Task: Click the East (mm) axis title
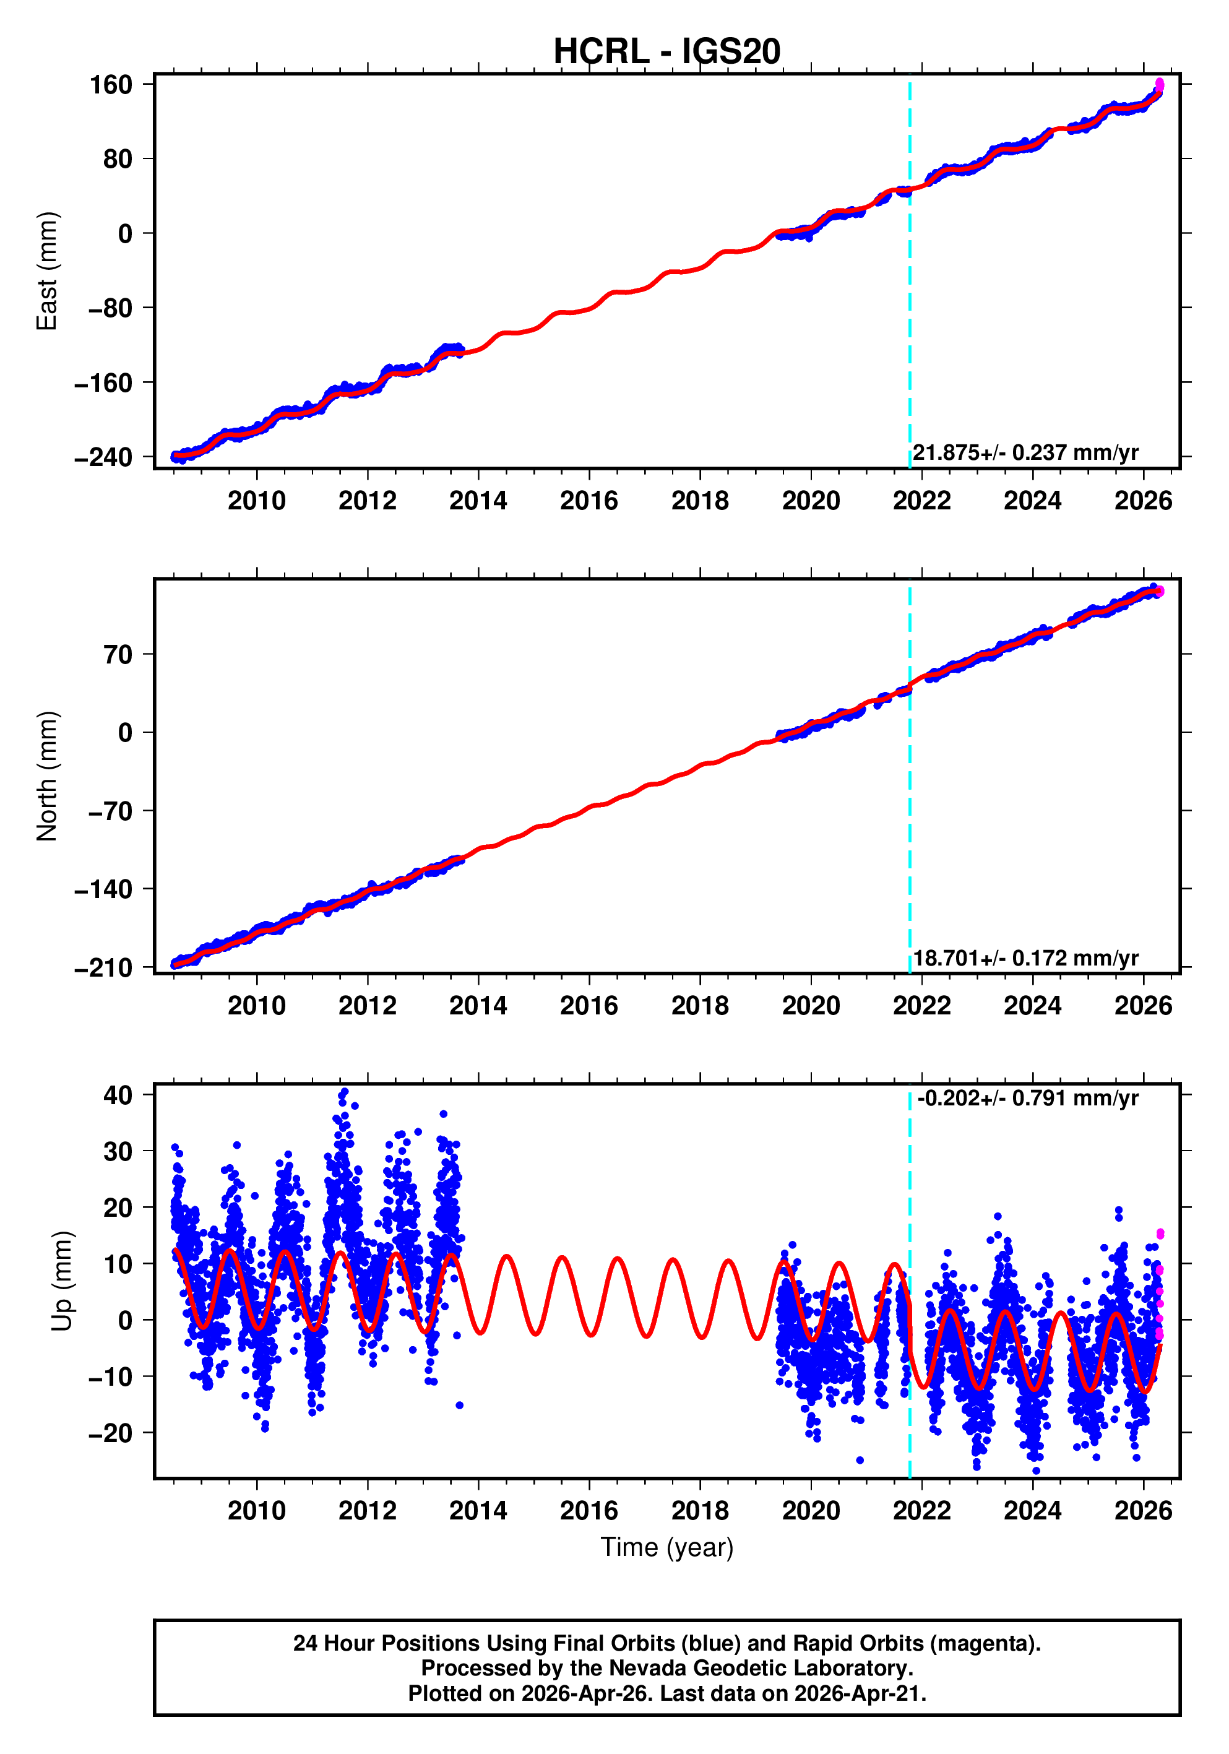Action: [48, 271]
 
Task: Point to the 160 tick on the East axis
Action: [111, 85]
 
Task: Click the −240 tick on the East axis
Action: [104, 457]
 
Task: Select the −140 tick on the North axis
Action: [104, 889]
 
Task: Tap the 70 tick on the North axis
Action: [118, 655]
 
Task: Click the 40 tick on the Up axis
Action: [118, 1095]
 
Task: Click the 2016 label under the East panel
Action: [589, 501]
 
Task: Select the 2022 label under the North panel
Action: [921, 1005]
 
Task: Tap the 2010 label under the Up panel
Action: [257, 1510]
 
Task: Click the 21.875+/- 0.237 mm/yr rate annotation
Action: [1025, 452]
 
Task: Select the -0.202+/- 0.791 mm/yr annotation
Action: [1027, 1099]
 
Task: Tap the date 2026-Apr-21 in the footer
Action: [858, 1693]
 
